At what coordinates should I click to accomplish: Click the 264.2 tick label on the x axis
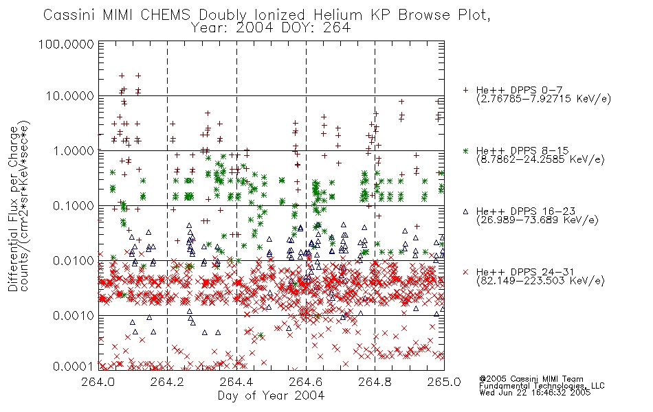click(x=167, y=382)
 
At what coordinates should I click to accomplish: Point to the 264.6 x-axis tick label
click(x=306, y=382)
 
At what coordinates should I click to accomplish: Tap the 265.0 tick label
click(x=444, y=382)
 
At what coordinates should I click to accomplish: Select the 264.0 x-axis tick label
click(x=98, y=382)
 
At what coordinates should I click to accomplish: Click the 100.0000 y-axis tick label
click(x=67, y=44)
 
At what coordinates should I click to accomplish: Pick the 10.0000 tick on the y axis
click(x=70, y=97)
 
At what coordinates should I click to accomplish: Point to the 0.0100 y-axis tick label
click(x=74, y=261)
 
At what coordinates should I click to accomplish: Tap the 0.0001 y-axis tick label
click(x=74, y=366)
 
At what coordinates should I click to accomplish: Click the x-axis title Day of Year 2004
click(x=271, y=396)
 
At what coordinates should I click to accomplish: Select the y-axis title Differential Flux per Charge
click(x=13, y=209)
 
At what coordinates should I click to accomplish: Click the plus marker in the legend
click(x=465, y=90)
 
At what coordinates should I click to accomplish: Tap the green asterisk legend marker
click(x=465, y=150)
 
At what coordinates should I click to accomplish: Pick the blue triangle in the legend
click(x=465, y=211)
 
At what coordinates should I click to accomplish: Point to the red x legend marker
click(x=465, y=272)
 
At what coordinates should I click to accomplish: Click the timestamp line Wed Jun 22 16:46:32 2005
click(x=535, y=393)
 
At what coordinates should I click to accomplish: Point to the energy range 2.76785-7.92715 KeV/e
click(x=544, y=99)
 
